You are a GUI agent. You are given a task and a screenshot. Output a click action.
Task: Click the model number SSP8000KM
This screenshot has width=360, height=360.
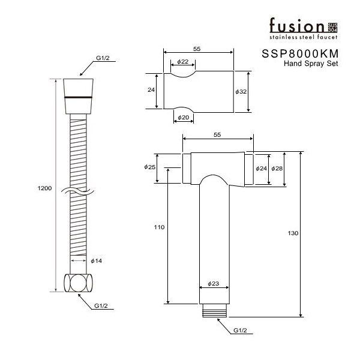click(300, 54)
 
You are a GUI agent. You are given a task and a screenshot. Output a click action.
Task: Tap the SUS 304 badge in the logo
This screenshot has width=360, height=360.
click(332, 28)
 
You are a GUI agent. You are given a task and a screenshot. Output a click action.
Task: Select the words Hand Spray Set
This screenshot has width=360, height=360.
click(311, 64)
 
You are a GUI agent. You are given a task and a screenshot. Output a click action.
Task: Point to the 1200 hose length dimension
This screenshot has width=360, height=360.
click(44, 188)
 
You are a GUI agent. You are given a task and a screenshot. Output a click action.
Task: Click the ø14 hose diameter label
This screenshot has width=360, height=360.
click(96, 261)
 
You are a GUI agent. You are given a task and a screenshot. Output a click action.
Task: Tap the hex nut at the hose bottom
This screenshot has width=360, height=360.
click(78, 283)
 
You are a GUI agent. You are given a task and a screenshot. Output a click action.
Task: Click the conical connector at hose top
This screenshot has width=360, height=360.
click(78, 97)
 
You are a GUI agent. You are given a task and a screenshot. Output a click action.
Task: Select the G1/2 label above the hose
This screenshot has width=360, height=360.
click(103, 58)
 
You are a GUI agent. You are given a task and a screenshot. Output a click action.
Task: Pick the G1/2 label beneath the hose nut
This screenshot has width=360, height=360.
click(101, 306)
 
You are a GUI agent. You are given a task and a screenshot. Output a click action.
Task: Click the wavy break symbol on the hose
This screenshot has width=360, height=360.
click(77, 191)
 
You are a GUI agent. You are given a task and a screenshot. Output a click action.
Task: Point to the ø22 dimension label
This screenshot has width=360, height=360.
click(183, 62)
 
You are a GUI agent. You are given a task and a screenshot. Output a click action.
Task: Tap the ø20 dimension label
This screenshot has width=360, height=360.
click(183, 118)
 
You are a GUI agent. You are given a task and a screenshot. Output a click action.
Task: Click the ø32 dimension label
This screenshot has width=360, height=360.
click(241, 92)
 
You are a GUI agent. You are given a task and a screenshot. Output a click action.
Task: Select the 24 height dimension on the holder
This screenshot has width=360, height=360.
click(151, 90)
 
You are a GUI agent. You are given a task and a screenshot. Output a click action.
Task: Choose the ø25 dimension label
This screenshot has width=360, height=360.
click(149, 167)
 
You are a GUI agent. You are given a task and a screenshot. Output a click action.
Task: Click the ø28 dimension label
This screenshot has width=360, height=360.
click(277, 169)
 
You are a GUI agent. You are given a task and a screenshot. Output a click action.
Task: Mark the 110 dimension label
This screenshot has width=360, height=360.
click(159, 227)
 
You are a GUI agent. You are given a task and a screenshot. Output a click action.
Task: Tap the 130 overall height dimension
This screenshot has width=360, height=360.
click(293, 233)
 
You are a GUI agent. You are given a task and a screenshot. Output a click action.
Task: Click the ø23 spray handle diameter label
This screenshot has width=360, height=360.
click(213, 284)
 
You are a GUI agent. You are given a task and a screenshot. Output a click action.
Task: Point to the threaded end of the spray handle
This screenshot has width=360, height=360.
click(214, 310)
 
